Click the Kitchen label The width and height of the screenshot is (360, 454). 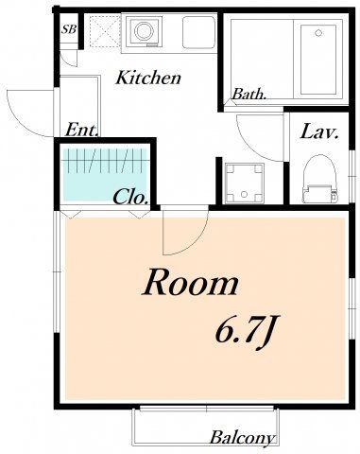(x=148, y=78)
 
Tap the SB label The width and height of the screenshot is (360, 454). (x=69, y=29)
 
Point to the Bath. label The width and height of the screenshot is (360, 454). (x=249, y=94)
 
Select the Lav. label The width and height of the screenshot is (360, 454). (x=319, y=132)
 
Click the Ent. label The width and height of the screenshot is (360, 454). (x=81, y=130)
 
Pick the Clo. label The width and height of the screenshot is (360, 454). (x=130, y=198)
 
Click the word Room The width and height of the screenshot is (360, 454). (x=190, y=283)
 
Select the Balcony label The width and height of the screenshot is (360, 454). (x=242, y=438)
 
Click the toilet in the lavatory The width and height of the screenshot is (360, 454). (x=320, y=180)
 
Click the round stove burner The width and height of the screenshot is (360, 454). (x=144, y=30)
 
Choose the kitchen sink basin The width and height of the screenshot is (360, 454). (x=198, y=32)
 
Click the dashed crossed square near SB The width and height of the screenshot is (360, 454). (x=105, y=31)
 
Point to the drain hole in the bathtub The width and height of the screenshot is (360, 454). (x=318, y=32)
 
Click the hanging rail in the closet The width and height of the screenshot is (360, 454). (x=107, y=161)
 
